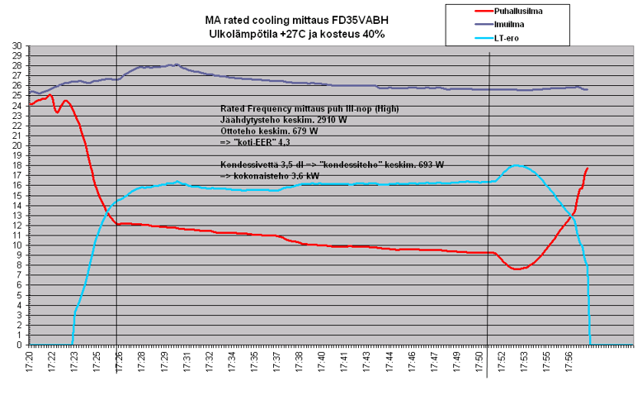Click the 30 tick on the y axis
[x=17, y=46]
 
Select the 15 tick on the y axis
[x=17, y=196]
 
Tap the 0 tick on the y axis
[x=20, y=345]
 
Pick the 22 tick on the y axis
[x=17, y=126]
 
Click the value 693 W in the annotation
[x=426, y=165]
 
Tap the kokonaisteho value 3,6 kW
[x=307, y=176]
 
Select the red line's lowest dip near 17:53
[x=516, y=269]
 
